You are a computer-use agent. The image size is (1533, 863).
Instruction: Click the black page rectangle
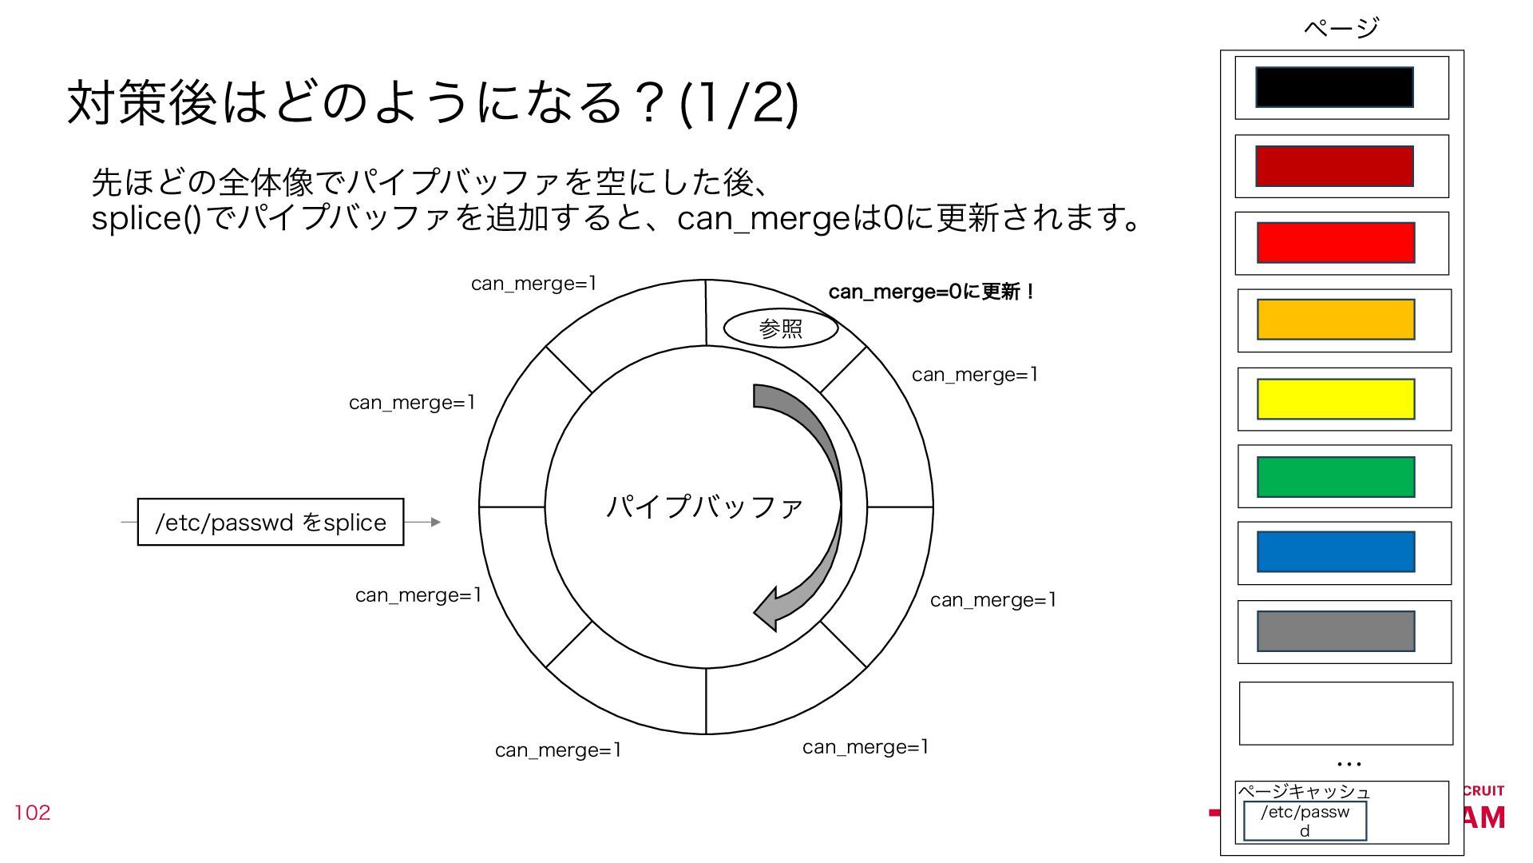pyautogui.click(x=1334, y=87)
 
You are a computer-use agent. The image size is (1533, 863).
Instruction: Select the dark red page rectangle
pyautogui.click(x=1334, y=166)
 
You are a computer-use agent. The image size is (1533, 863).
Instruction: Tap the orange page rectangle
pyautogui.click(x=1336, y=320)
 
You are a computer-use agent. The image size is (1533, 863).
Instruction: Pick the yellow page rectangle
pyautogui.click(x=1336, y=399)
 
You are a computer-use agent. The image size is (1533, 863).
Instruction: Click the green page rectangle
pyautogui.click(x=1336, y=477)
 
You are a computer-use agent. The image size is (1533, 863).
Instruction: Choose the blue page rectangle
pyautogui.click(x=1336, y=552)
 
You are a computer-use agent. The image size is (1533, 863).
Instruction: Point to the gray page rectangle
pyautogui.click(x=1336, y=631)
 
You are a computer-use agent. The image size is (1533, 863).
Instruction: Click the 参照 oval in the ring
pyautogui.click(x=780, y=328)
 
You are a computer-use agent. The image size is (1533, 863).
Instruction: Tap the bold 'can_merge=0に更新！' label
pyautogui.click(x=931, y=292)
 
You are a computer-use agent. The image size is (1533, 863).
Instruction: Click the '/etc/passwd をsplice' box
pyautogui.click(x=271, y=523)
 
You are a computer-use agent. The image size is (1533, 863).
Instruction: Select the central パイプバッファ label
pyautogui.click(x=704, y=507)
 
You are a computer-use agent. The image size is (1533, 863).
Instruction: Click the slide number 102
pyautogui.click(x=32, y=813)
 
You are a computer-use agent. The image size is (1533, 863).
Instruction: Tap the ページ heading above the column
pyautogui.click(x=1341, y=28)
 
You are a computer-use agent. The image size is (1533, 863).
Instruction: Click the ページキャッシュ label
pyautogui.click(x=1304, y=792)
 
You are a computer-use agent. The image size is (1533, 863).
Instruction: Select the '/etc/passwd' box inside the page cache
pyautogui.click(x=1305, y=821)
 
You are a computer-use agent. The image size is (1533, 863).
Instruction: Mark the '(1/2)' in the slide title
pyautogui.click(x=738, y=104)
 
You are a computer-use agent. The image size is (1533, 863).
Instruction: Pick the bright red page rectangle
pyautogui.click(x=1336, y=243)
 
